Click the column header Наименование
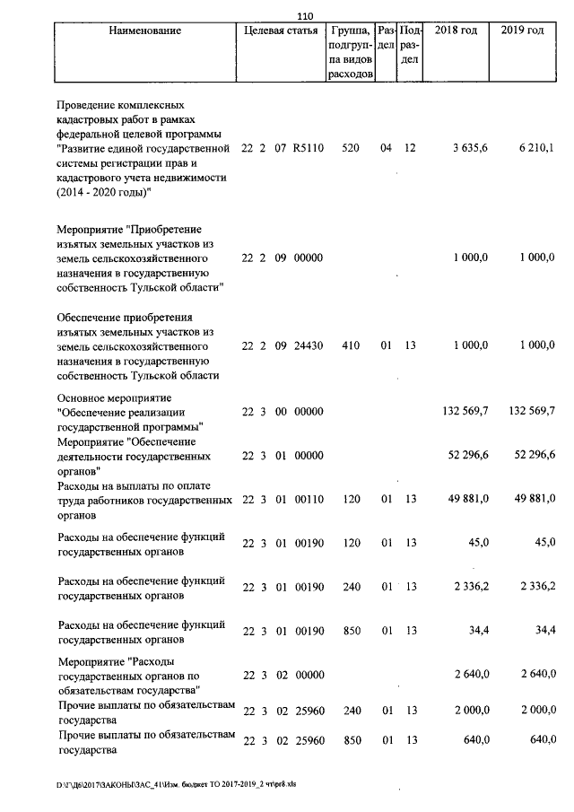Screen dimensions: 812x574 pos(144,31)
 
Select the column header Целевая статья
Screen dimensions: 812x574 pos(281,31)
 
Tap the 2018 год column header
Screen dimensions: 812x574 pos(456,31)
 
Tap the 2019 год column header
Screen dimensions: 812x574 pos(525,31)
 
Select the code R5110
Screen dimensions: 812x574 pos(307,148)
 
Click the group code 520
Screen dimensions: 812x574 pos(351,148)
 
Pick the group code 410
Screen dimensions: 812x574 pos(351,345)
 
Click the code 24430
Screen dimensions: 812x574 pos(307,345)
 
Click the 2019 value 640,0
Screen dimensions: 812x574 pos(541,740)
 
